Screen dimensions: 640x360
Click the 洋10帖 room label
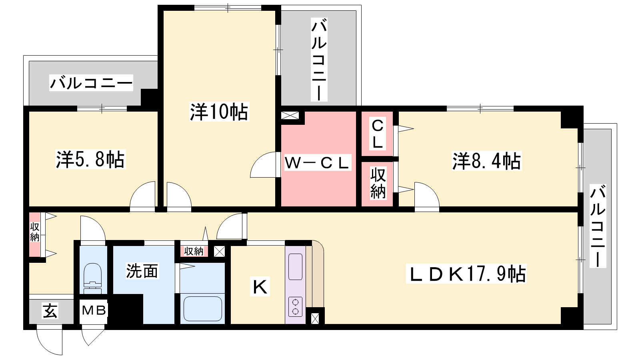[x=219, y=112]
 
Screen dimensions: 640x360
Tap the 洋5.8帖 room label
[x=90, y=160]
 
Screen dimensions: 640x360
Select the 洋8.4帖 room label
[x=486, y=161]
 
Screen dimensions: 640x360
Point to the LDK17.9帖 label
[x=466, y=274]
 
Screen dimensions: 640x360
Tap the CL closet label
[x=378, y=134]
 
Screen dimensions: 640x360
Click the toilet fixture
[x=92, y=278]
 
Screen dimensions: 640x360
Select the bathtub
[x=202, y=308]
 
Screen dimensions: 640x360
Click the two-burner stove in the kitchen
[x=296, y=307]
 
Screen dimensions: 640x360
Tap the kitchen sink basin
[x=296, y=267]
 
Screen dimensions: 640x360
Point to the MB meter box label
[x=94, y=310]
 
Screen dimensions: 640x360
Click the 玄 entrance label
[x=50, y=311]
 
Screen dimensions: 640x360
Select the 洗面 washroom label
[x=142, y=270]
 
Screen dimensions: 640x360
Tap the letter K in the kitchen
[x=260, y=287]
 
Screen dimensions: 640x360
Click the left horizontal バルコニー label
[x=91, y=83]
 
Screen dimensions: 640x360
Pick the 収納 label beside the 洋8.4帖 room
[x=378, y=183]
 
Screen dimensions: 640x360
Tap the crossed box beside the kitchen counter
[x=315, y=318]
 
